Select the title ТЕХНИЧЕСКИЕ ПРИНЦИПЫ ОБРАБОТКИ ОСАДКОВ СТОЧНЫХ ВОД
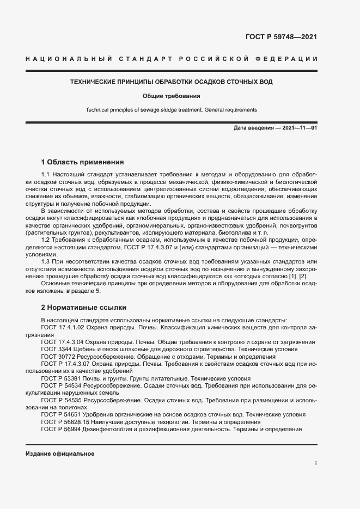[x=172, y=82]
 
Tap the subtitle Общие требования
[x=172, y=96]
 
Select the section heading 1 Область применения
[x=83, y=162]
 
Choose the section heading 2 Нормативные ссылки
[x=83, y=307]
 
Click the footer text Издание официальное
[x=60, y=453]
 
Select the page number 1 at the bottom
[x=316, y=463]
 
